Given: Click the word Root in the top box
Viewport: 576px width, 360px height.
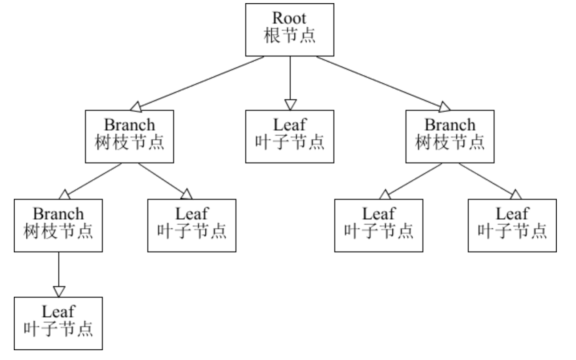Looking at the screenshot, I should click(289, 19).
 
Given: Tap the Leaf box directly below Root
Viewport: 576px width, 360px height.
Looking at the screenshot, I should click(289, 136).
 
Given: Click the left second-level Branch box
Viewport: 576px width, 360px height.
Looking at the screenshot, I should click(129, 136).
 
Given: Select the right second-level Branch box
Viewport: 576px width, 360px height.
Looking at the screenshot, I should click(450, 136).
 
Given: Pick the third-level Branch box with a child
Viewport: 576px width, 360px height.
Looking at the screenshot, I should click(58, 225).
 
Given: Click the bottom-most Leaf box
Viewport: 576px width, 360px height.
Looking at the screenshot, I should click(58, 323).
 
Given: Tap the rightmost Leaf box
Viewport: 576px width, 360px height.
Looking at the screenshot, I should click(512, 225).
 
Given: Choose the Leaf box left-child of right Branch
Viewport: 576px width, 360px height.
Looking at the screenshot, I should click(378, 225).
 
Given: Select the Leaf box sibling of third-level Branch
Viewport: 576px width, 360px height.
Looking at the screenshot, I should click(191, 225).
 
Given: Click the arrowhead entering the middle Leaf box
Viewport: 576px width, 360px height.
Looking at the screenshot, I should click(290, 105).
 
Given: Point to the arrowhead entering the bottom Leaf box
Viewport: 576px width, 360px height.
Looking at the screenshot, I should click(59, 291).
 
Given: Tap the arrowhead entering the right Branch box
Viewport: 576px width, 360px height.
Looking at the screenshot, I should click(445, 107).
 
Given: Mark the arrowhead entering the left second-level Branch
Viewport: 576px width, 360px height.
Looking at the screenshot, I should click(135, 107).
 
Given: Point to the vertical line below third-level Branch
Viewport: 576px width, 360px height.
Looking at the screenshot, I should click(59, 269).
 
